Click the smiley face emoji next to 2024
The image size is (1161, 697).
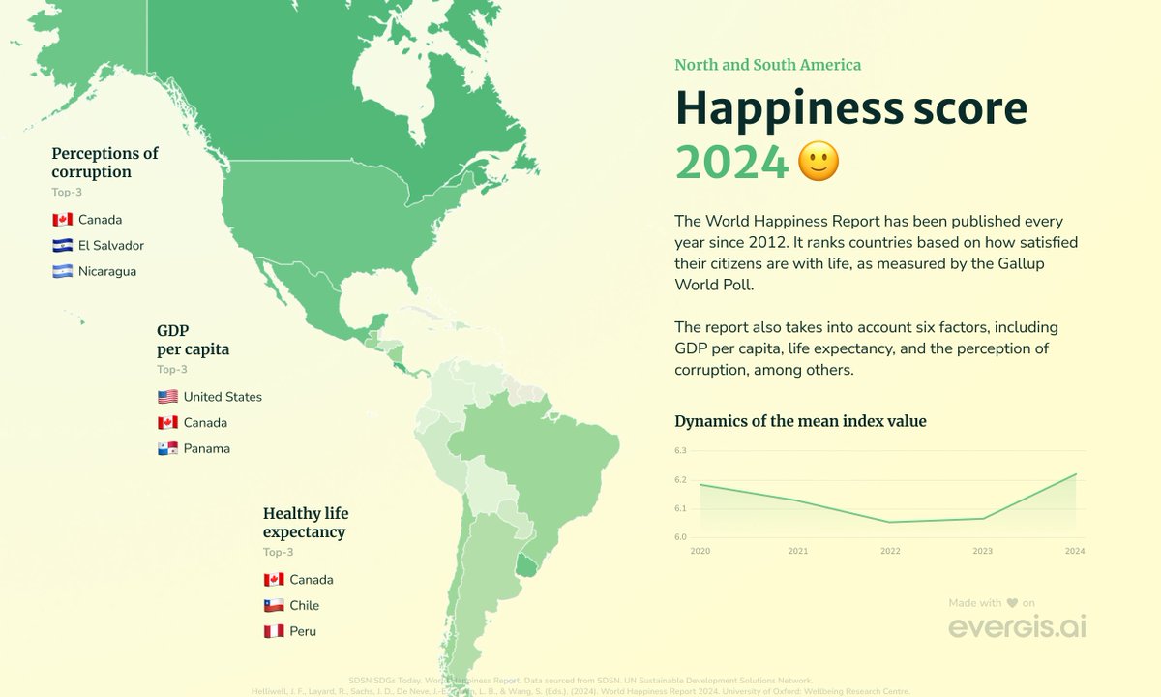[x=819, y=163]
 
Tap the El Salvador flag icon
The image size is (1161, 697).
[x=63, y=246]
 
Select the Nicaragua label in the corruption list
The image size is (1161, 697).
[x=107, y=272]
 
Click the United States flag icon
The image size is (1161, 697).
[x=167, y=397]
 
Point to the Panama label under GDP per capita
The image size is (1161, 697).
[x=207, y=449]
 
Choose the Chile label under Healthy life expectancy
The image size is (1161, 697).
[x=304, y=606]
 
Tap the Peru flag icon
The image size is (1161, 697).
[x=274, y=631]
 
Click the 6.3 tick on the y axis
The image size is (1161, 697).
[x=680, y=451]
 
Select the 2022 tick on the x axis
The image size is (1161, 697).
[x=890, y=552]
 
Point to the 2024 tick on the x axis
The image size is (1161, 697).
[x=1075, y=552]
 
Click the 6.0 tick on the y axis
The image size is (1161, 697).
[x=680, y=537]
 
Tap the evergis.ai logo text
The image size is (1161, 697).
[x=1017, y=627]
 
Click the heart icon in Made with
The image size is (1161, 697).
[x=1012, y=603]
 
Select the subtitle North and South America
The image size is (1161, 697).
[x=767, y=65]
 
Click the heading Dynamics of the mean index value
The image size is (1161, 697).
[x=800, y=421]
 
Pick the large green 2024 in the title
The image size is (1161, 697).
[x=731, y=163]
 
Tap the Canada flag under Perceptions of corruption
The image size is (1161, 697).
[x=63, y=220]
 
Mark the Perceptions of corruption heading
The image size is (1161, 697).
[x=104, y=163]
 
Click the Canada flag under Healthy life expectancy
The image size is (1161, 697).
[x=274, y=580]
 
